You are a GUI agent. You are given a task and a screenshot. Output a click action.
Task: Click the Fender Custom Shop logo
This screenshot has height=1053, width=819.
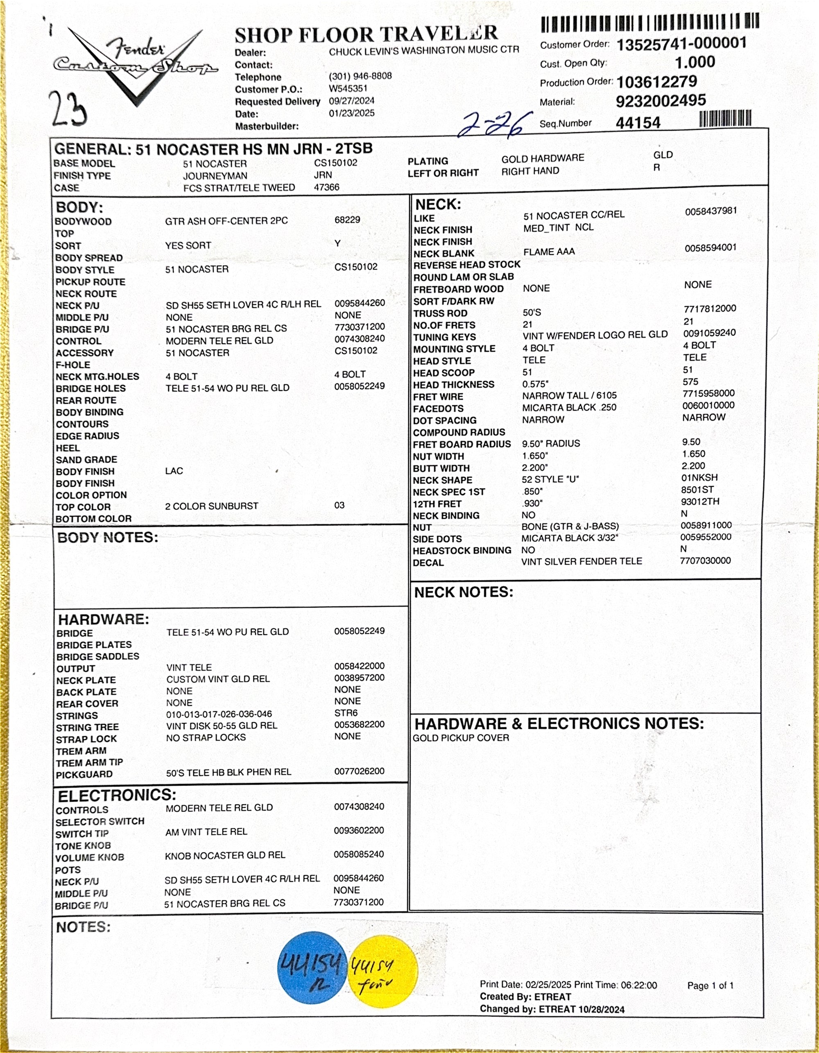tap(135, 65)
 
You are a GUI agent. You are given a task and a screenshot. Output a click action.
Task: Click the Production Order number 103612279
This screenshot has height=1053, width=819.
tap(656, 81)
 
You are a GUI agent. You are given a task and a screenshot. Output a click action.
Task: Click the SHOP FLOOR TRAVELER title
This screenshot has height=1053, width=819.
tap(366, 35)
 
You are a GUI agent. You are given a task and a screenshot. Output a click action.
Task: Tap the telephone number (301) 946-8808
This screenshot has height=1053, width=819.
tap(360, 76)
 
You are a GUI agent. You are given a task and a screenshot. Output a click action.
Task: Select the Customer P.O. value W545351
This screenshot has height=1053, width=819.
tap(348, 89)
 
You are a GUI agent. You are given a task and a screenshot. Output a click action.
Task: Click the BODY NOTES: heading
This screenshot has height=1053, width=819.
tap(108, 538)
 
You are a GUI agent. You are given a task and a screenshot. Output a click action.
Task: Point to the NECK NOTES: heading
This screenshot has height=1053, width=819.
tap(464, 592)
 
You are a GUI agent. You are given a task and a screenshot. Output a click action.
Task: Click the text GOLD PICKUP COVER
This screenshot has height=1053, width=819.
tap(461, 738)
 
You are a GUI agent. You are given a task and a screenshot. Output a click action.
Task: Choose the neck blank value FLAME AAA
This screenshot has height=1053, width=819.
tap(549, 252)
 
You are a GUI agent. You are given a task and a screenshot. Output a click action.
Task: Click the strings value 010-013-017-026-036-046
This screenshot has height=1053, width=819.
tap(219, 714)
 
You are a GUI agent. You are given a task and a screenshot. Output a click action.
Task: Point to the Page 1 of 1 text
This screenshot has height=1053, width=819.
tap(710, 985)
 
